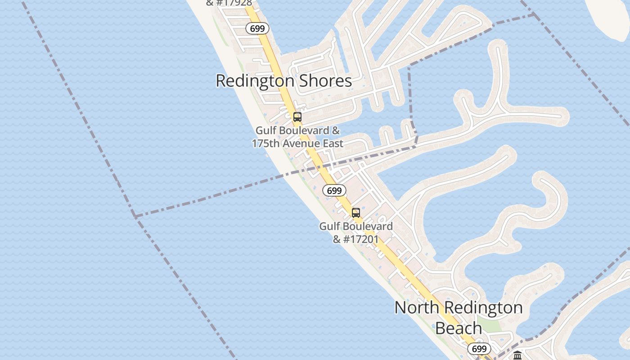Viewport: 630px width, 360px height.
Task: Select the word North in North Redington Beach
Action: pos(416,308)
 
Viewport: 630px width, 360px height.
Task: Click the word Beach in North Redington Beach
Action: pos(459,328)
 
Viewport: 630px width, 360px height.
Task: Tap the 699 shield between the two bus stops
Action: pos(334,191)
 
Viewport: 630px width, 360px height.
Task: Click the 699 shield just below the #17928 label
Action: pos(257,29)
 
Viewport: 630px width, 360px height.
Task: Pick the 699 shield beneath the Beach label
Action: pos(479,349)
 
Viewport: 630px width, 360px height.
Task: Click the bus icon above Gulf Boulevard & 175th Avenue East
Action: pos(297,117)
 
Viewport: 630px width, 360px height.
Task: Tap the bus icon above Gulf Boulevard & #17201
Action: pos(356,213)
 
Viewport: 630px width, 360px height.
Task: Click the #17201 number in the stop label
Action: pos(361,239)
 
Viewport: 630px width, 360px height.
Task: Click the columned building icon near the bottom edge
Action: pos(517,355)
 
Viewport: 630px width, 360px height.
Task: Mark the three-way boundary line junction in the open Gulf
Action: pos(135,216)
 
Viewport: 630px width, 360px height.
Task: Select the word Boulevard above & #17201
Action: pos(368,226)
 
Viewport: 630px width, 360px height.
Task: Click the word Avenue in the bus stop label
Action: pos(298,144)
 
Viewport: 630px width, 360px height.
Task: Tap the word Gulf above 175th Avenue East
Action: pos(266,130)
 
